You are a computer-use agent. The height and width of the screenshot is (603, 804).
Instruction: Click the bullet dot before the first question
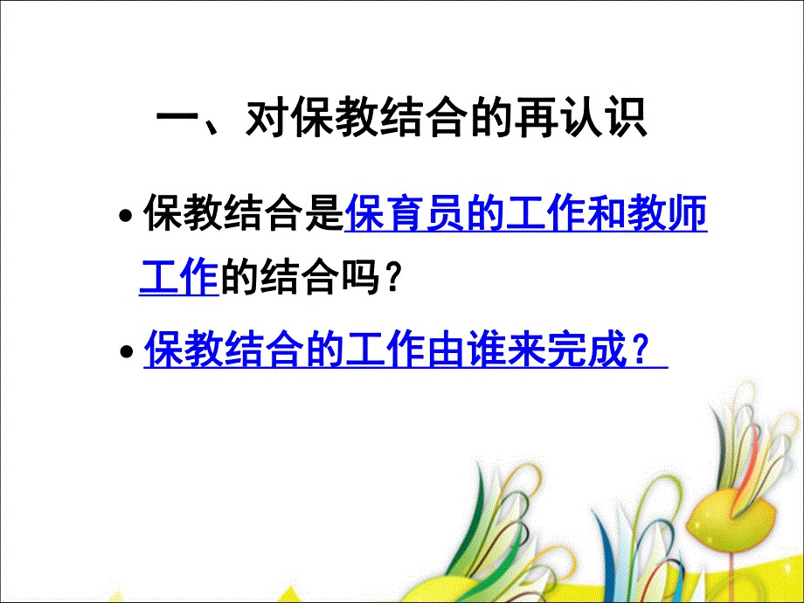[128, 218]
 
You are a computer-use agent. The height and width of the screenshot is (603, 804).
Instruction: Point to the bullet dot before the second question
[128, 351]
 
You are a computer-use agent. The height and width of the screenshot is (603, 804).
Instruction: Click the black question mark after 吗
[394, 279]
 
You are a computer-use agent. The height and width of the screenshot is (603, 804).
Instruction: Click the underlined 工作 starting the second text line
[178, 279]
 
